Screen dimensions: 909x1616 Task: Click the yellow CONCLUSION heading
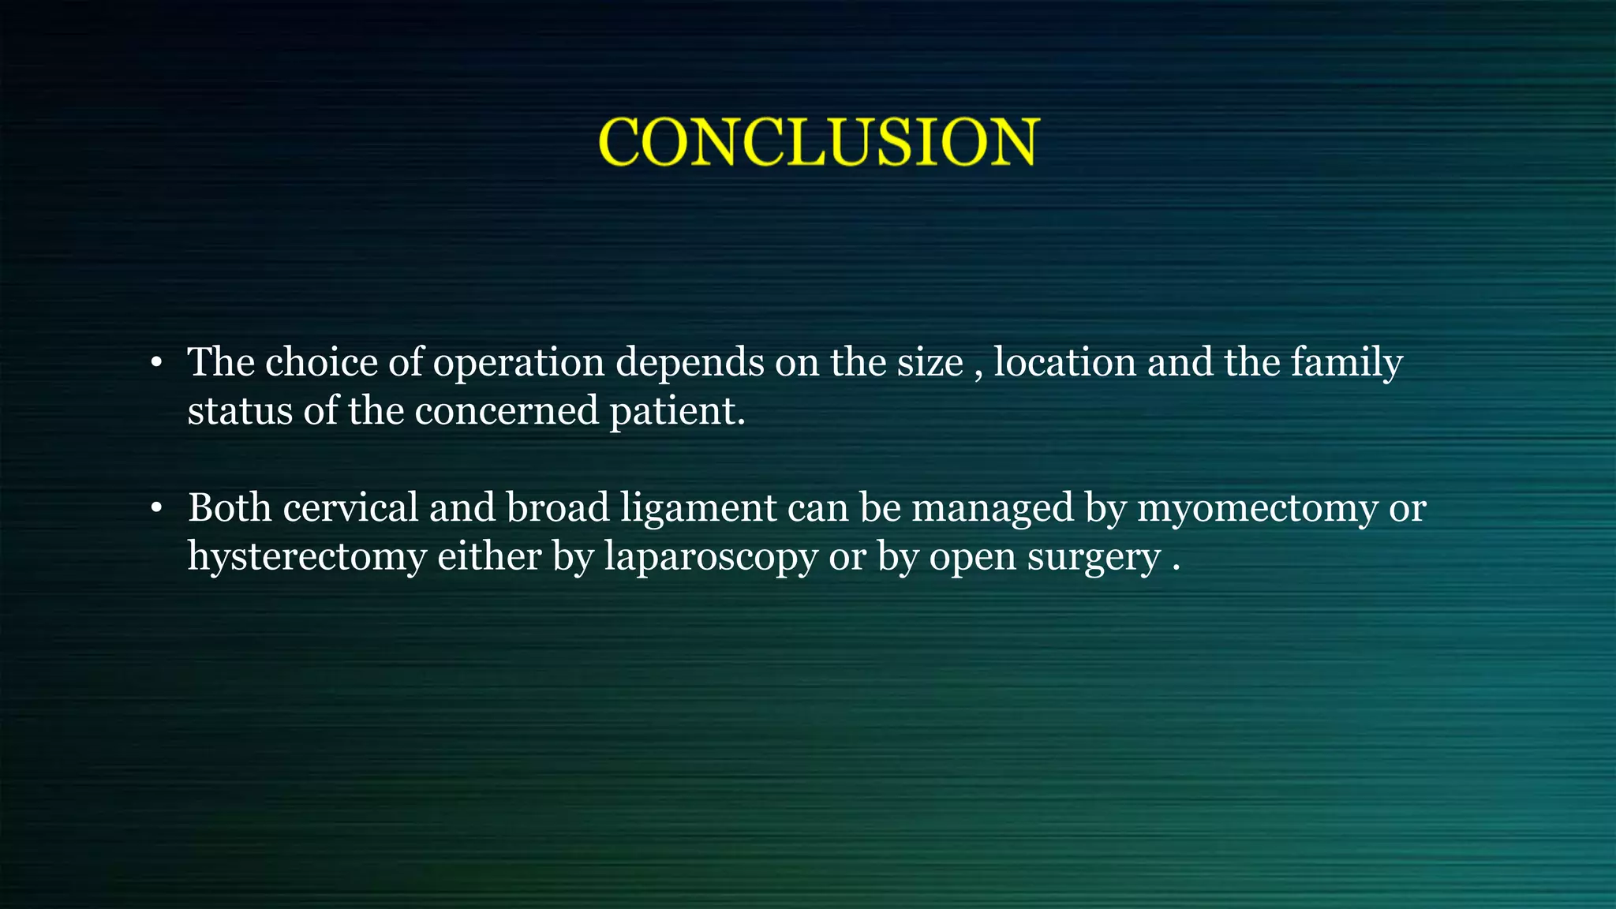(x=819, y=142)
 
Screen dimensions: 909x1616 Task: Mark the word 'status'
(x=239, y=411)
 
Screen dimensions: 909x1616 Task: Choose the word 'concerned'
(x=507, y=411)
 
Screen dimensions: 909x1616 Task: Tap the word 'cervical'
(x=350, y=507)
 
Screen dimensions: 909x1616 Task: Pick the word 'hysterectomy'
(x=307, y=557)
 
